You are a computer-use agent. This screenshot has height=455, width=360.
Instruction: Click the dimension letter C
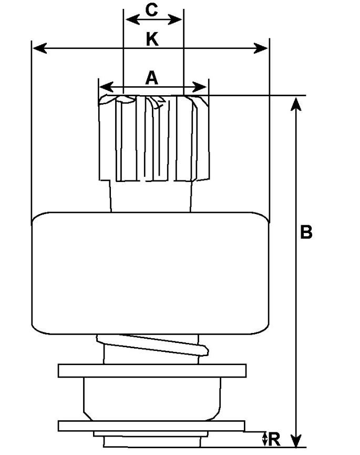[151, 10]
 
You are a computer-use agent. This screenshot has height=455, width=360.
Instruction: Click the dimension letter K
[152, 39]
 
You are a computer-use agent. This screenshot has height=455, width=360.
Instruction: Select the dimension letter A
[151, 78]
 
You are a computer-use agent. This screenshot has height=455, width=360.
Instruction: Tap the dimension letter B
[306, 232]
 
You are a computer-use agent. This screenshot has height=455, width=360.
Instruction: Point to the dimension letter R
[274, 439]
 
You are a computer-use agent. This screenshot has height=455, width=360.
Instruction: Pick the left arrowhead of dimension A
[105, 86]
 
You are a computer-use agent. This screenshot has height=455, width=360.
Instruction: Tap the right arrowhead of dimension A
[202, 86]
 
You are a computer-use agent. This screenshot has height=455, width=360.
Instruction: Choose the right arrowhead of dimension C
[178, 19]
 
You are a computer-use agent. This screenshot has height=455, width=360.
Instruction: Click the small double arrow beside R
[264, 438]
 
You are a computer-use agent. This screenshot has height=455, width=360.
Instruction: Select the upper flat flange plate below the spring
[152, 371]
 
